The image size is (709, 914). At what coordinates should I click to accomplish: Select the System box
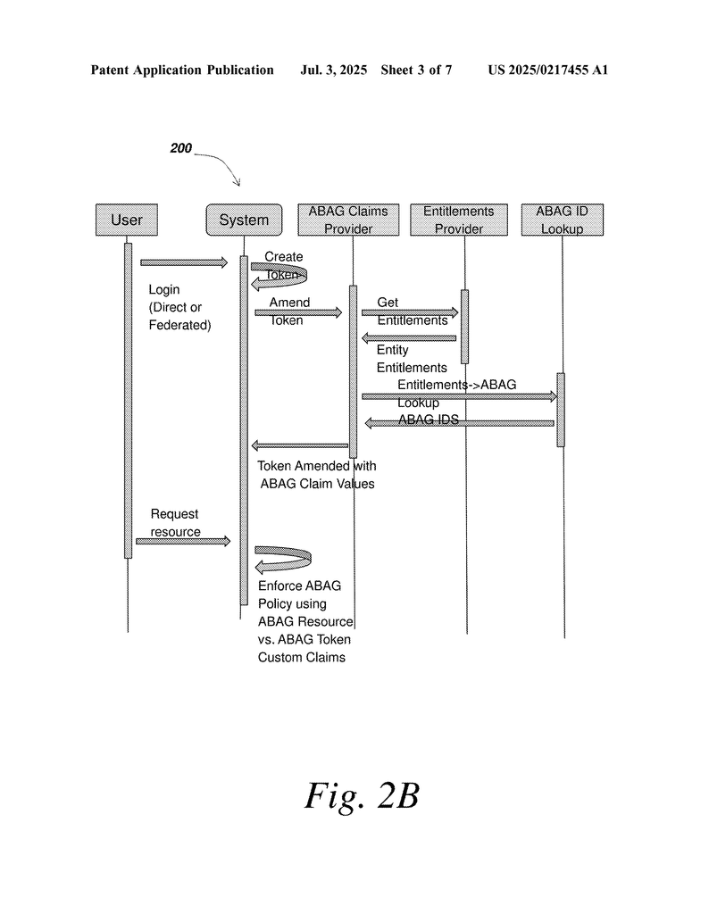click(x=244, y=220)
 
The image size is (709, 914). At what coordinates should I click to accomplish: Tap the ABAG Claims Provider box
click(x=348, y=220)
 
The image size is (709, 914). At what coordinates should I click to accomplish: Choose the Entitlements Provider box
click(x=458, y=220)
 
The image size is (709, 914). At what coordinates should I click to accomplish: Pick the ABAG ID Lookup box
click(x=562, y=220)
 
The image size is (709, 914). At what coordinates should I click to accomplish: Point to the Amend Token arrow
click(x=298, y=312)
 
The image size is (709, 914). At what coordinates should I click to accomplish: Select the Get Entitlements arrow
click(x=409, y=312)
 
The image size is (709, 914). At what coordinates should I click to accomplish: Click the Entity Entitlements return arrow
click(x=409, y=337)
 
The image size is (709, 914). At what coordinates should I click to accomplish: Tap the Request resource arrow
click(x=183, y=541)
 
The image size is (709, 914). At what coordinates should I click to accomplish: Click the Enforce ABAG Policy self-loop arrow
click(x=284, y=560)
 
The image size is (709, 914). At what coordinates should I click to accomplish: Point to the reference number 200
click(x=180, y=149)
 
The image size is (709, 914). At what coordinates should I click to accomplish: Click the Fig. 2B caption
click(x=362, y=795)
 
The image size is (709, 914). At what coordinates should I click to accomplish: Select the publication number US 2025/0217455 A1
click(x=547, y=70)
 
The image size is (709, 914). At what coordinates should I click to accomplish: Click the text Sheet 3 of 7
click(x=416, y=70)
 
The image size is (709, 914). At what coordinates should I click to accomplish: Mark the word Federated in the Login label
click(x=179, y=325)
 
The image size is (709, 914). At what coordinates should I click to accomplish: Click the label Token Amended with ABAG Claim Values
click(x=317, y=475)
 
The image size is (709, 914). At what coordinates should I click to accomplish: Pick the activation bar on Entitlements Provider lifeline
click(x=464, y=326)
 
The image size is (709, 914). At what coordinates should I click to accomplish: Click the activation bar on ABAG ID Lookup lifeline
click(x=561, y=409)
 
